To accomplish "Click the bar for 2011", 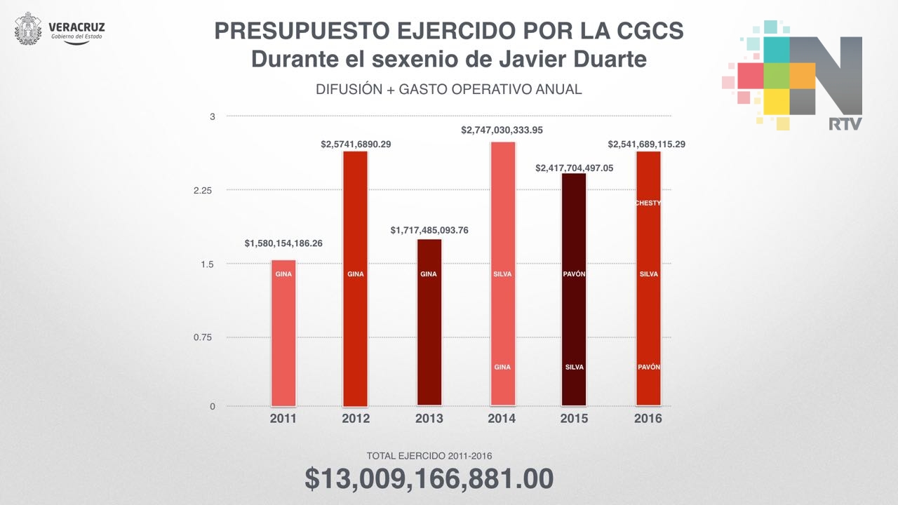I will (x=283, y=333).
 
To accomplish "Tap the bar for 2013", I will (x=429, y=323).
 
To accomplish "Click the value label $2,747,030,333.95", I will (x=502, y=130).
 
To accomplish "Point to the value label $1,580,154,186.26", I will (x=283, y=243).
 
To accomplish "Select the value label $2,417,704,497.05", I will (x=574, y=168).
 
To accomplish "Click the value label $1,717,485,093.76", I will (x=429, y=230).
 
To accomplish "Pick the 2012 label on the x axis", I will (x=355, y=419).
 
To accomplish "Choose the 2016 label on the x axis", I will (x=648, y=419).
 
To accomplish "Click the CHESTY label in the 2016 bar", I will (x=648, y=203).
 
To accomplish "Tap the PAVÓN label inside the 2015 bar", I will (x=574, y=274).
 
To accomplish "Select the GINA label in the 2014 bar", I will (x=502, y=368).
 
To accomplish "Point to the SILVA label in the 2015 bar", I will (x=574, y=368).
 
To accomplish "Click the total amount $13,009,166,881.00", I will (x=429, y=478).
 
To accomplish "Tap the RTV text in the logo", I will (x=845, y=124).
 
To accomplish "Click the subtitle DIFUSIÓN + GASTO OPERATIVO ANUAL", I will (x=449, y=90).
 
